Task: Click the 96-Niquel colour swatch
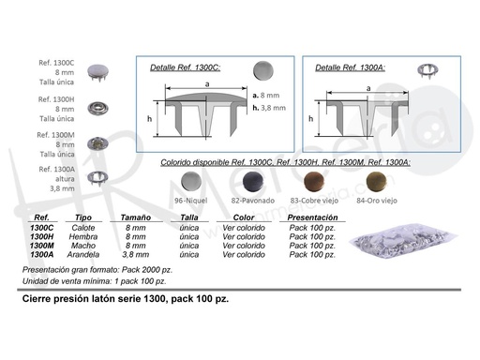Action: point(191,182)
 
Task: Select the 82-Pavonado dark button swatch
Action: point(253,182)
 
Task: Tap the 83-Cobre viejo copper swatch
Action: point(314,182)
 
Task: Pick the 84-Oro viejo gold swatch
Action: point(376,182)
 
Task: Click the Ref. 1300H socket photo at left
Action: point(97,109)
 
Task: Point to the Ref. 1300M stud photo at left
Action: point(97,143)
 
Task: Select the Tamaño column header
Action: point(136,217)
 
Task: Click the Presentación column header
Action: point(312,217)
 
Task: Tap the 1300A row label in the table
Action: point(42,255)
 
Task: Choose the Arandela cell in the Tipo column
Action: point(83,255)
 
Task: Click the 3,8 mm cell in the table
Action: point(136,255)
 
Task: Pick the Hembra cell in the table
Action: point(83,237)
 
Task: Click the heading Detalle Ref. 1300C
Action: point(186,67)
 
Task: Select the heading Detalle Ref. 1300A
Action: point(351,67)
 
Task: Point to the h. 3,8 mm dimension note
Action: point(269,108)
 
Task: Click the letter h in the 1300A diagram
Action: point(310,119)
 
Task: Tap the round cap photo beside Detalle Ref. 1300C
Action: point(263,70)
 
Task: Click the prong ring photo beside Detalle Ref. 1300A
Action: point(427,70)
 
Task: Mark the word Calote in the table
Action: point(83,228)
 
